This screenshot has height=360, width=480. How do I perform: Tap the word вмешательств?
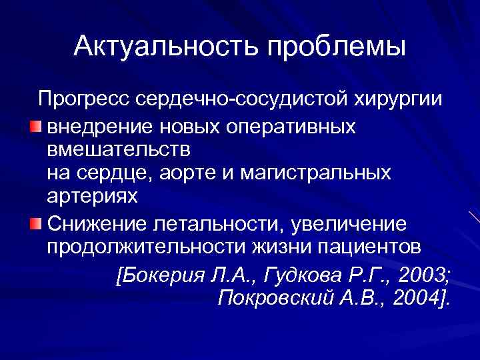click(118, 148)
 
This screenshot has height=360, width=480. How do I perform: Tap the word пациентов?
click(369, 246)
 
